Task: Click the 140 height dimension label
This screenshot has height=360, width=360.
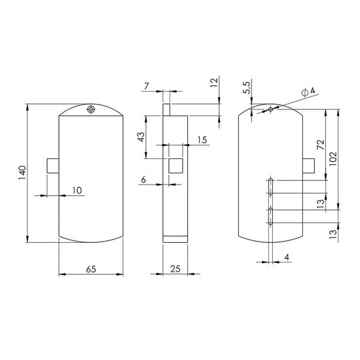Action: coord(22,172)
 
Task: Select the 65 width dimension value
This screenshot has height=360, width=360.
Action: coord(91,269)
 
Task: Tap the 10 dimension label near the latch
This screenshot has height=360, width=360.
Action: coord(77,190)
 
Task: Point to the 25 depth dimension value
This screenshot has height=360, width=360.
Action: coord(175,269)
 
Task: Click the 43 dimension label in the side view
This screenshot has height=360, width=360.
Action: coord(141,137)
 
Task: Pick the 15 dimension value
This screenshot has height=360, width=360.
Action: coord(202,140)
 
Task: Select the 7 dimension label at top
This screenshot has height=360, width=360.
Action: coord(147,86)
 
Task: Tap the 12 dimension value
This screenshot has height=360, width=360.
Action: coord(214,82)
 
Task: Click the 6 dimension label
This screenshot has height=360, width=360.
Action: coord(143,179)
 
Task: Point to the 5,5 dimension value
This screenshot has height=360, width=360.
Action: coord(247,88)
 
